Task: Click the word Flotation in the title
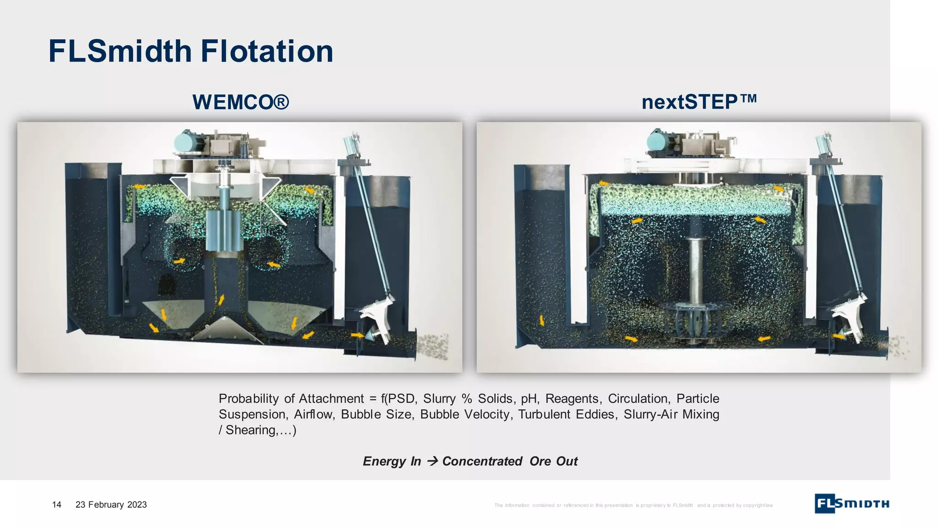(x=267, y=51)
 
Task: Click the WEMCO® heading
(x=240, y=102)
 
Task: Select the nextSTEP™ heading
(x=699, y=102)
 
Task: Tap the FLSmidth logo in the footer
(x=851, y=504)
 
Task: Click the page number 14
(x=57, y=505)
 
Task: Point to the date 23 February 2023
(x=111, y=505)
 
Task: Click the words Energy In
(x=392, y=461)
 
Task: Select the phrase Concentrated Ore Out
(x=510, y=461)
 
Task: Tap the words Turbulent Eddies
(x=567, y=414)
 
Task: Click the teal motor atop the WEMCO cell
(x=188, y=141)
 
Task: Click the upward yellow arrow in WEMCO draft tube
(x=221, y=300)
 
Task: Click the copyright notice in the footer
(x=633, y=505)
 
